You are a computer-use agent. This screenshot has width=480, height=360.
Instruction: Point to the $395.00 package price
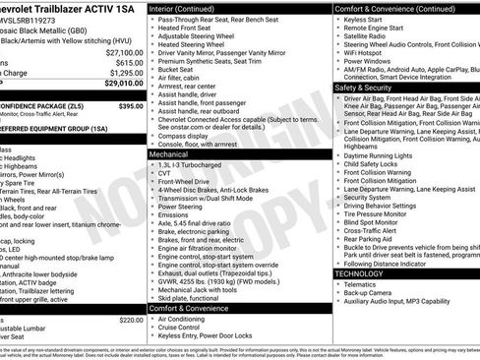(x=132, y=105)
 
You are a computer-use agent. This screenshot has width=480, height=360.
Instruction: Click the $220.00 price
(x=131, y=320)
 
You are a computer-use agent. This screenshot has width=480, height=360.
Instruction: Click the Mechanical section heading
(x=169, y=154)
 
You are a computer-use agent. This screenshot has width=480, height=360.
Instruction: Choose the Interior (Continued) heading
(x=189, y=8)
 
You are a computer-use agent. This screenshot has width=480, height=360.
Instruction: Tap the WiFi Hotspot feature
(x=369, y=52)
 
